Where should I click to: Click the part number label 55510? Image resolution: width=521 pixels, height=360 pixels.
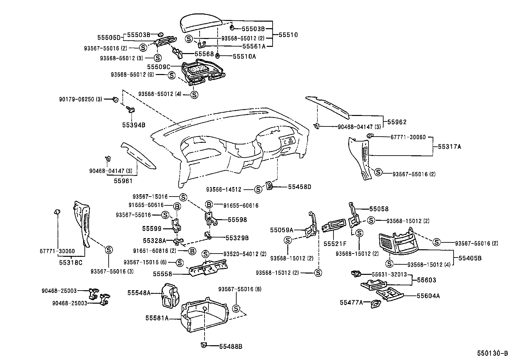[288, 35]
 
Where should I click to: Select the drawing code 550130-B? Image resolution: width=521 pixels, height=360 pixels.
[492, 353]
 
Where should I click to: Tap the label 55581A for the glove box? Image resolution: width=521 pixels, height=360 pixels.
[157, 318]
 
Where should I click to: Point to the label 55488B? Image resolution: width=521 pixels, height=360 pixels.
[231, 346]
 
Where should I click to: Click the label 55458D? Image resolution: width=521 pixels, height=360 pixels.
[299, 187]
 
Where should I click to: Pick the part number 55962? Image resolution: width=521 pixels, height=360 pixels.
[397, 122]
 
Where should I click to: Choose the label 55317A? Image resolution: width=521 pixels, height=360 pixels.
[449, 147]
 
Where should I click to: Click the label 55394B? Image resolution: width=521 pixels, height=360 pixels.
[134, 125]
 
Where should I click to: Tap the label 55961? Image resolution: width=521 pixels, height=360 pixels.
[123, 181]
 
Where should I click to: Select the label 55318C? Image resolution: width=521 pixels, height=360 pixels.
[71, 262]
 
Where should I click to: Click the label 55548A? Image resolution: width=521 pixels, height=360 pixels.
[139, 293]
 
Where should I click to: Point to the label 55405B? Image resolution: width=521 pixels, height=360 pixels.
[470, 258]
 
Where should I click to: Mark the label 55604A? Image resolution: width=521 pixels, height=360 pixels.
[428, 296]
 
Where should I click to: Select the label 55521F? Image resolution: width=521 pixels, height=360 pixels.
[335, 244]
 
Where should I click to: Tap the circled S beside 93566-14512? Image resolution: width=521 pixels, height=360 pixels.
[258, 189]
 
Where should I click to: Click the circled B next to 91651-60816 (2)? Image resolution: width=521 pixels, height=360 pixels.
[192, 251]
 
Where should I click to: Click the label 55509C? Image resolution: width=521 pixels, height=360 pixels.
[159, 67]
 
